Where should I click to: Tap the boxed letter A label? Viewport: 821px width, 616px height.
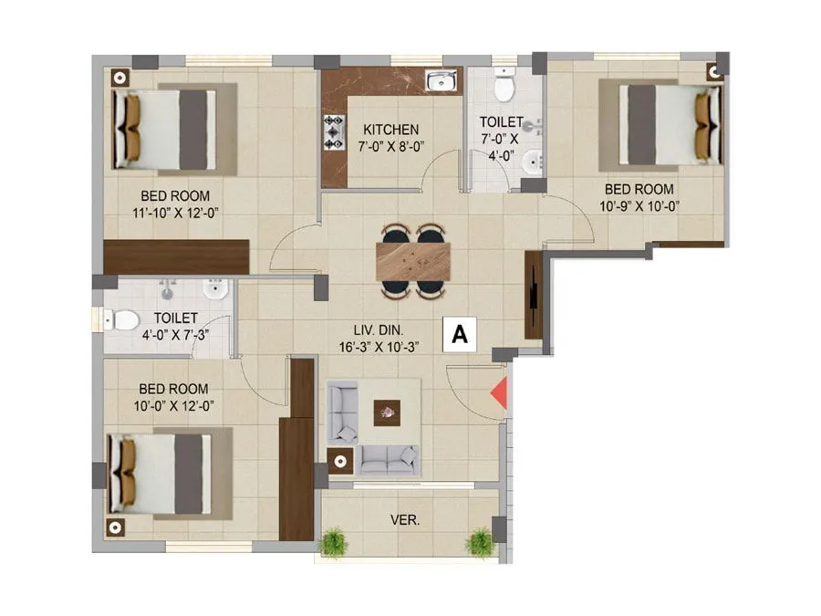[x=460, y=335]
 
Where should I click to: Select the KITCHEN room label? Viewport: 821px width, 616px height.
[x=390, y=130]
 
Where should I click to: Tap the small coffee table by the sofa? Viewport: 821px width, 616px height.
[x=387, y=412]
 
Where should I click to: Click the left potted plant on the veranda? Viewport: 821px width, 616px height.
[x=335, y=542]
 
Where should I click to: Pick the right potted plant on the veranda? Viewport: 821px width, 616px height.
[x=480, y=542]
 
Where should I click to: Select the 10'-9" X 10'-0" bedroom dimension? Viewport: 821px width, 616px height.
[x=639, y=205]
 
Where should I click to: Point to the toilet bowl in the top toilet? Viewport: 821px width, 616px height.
[x=503, y=87]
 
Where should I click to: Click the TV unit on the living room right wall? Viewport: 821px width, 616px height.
[x=533, y=294]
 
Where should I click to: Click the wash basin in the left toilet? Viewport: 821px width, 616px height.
[x=213, y=292]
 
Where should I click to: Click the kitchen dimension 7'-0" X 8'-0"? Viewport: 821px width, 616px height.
[x=390, y=146]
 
